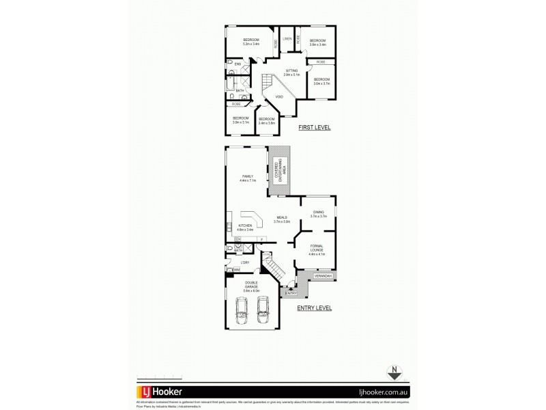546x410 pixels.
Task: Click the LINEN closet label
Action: click(x=287, y=39)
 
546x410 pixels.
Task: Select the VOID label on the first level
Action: click(x=279, y=97)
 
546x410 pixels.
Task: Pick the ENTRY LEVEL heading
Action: click(x=314, y=308)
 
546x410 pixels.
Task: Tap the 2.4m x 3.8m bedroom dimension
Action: click(x=266, y=123)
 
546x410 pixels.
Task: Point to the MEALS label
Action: click(x=282, y=218)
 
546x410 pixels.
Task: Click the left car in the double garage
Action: click(x=242, y=312)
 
